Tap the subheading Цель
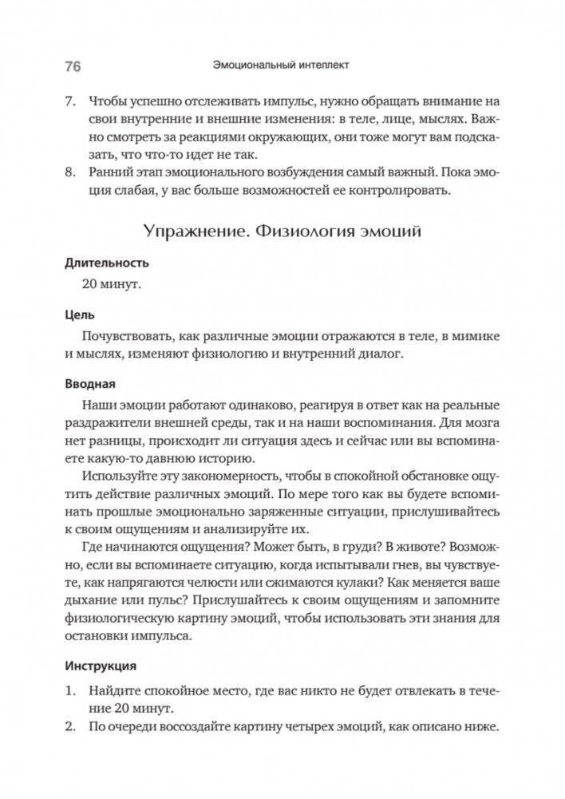point(80,316)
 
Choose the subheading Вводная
point(90,384)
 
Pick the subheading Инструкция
point(101,665)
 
